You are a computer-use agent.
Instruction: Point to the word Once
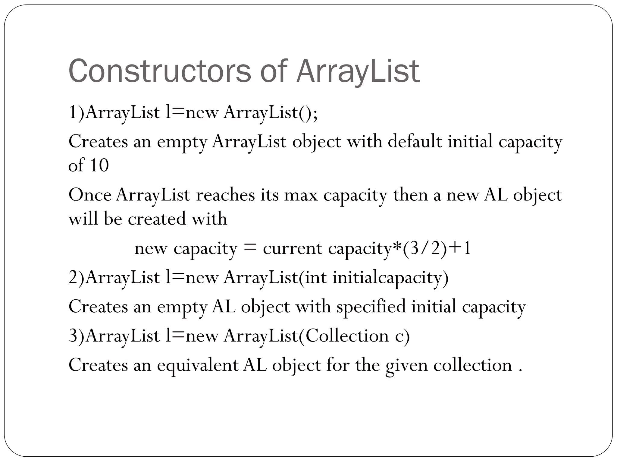pyautogui.click(x=90, y=195)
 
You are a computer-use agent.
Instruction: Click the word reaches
pyautogui.click(x=225, y=195)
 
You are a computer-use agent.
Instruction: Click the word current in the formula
pyautogui.click(x=292, y=249)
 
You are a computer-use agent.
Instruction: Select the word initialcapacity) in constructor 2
pyautogui.click(x=390, y=277)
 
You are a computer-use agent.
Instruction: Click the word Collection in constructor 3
pyautogui.click(x=347, y=336)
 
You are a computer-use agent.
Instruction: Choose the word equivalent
pyautogui.click(x=198, y=365)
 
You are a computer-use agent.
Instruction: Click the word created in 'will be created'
pyautogui.click(x=157, y=218)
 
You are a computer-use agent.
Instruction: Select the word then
pyautogui.click(x=410, y=195)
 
